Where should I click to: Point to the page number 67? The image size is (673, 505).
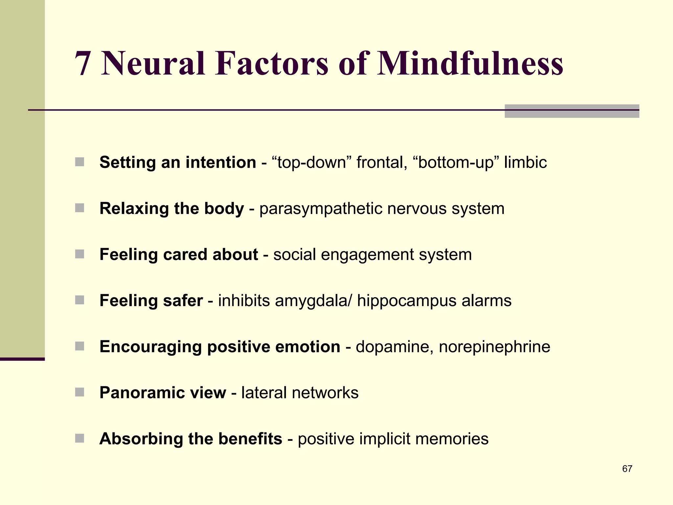[x=627, y=469]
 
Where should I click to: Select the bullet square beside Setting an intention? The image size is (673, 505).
[x=80, y=162]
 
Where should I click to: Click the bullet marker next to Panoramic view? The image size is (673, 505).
[x=80, y=392]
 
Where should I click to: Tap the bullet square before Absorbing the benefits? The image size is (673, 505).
[x=80, y=438]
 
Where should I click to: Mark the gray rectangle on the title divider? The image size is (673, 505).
[x=571, y=111]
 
